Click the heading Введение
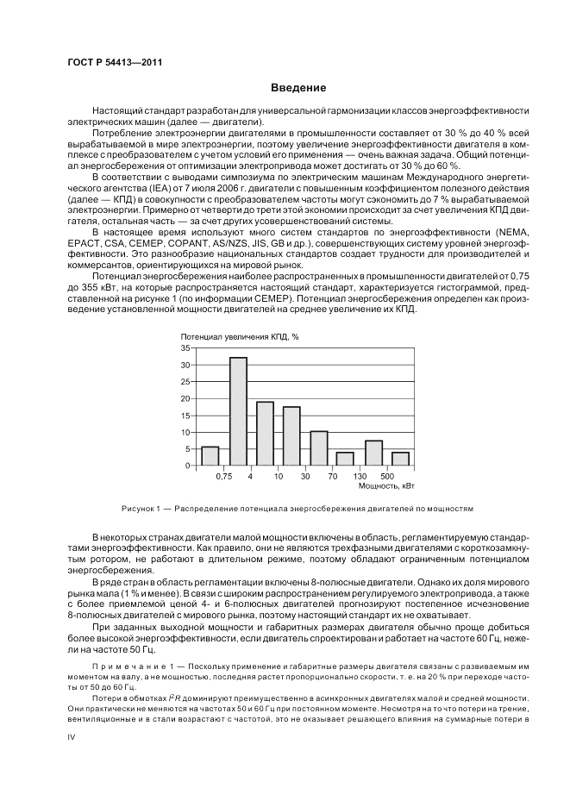click(298, 88)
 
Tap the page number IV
click(72, 736)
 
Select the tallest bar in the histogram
click(238, 411)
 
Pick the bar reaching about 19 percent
click(265, 434)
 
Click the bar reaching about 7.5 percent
click(373, 453)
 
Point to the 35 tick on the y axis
click(184, 347)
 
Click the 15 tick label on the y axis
click(184, 415)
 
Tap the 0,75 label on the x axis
click(224, 476)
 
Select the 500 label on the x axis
click(386, 476)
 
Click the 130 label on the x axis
click(360, 476)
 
